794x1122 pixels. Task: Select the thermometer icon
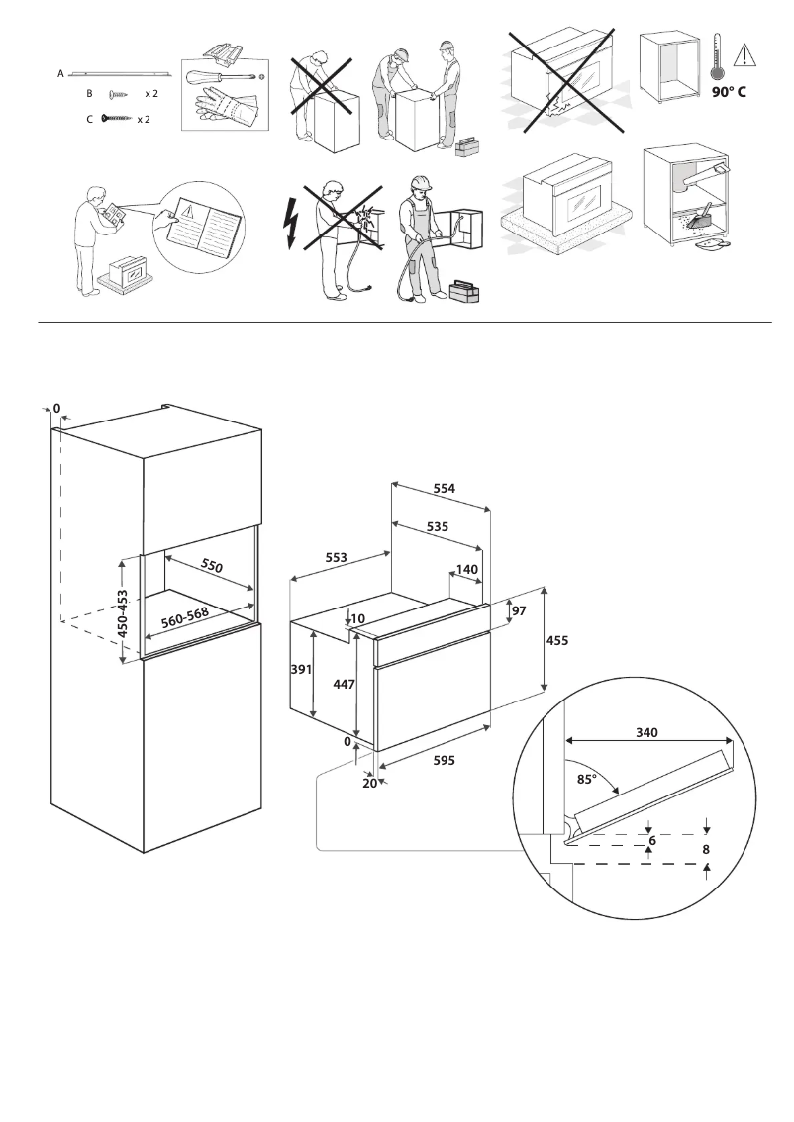pos(714,56)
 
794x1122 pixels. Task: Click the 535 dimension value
pos(438,527)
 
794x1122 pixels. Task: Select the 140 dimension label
pos(467,570)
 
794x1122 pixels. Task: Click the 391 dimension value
pos(302,670)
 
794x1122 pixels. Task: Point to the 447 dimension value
pos(345,684)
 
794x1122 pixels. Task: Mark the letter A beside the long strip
pos(60,74)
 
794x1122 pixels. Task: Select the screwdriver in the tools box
pos(224,77)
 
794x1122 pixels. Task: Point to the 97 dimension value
pos(520,611)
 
